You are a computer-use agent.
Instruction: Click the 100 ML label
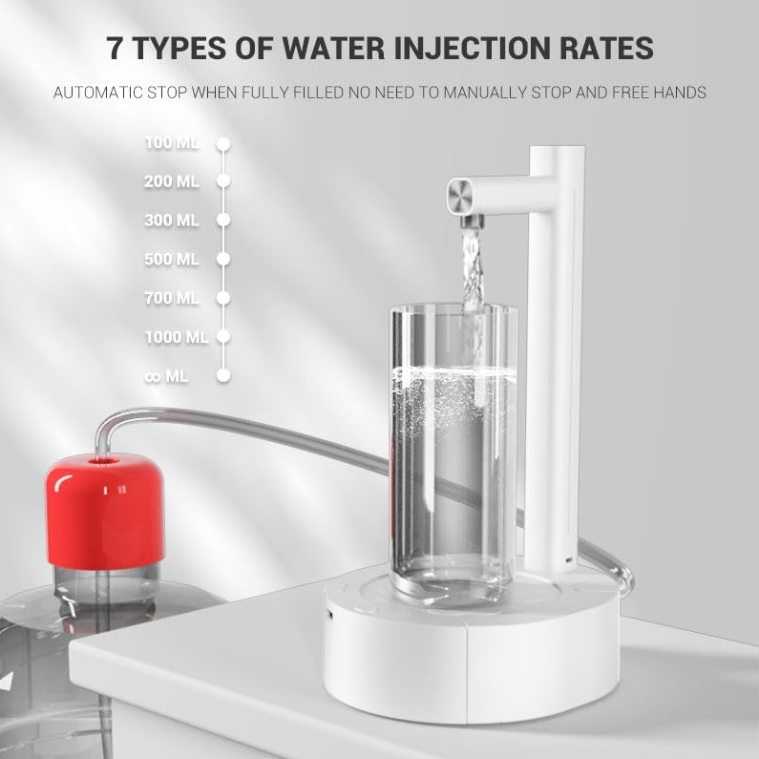click(172, 143)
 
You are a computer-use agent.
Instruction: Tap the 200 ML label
click(172, 181)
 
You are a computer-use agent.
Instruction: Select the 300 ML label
click(172, 221)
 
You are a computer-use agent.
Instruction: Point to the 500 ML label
click(172, 260)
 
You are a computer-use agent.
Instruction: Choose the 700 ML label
click(172, 298)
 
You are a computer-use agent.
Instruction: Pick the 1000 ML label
click(177, 337)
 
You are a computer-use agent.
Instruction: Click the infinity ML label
click(166, 376)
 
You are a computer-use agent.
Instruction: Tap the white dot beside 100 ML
click(223, 144)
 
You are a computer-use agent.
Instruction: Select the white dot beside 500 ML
click(223, 259)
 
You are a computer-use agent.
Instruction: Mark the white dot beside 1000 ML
click(223, 336)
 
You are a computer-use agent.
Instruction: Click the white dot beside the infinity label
click(223, 375)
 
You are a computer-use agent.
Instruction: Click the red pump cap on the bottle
click(106, 509)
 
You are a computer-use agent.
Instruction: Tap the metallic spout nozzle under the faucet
click(472, 222)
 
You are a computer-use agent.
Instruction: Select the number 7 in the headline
click(116, 48)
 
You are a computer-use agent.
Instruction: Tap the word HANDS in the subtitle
click(680, 93)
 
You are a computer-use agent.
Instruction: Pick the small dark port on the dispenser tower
click(568, 560)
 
